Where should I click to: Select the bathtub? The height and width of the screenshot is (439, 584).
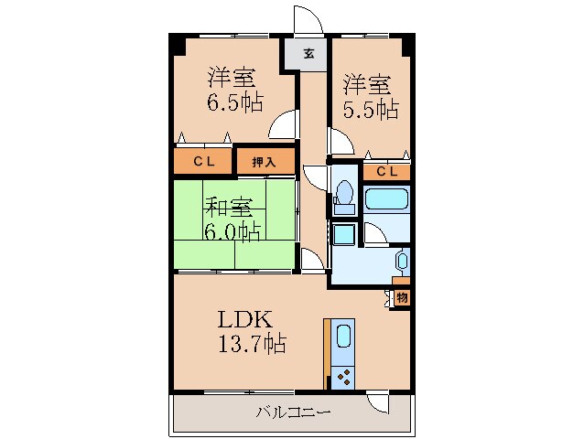(387, 201)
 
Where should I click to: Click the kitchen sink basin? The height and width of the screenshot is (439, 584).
(343, 337)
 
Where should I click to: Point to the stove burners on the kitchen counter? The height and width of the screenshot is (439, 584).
(343, 376)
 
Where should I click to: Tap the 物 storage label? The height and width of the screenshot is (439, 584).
(402, 297)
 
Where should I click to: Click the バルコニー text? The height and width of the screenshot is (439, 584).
(292, 412)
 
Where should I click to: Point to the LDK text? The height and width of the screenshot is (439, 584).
(244, 321)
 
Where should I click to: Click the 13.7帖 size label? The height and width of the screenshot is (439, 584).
(251, 344)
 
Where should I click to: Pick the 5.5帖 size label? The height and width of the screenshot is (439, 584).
(371, 109)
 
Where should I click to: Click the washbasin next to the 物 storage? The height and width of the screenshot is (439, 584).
(401, 262)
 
